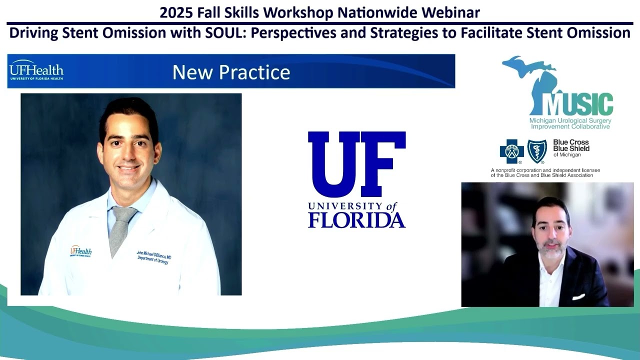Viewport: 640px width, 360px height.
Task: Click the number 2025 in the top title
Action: [174, 12]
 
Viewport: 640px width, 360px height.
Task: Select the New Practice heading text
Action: [231, 72]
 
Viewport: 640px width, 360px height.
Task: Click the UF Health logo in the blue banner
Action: [36, 71]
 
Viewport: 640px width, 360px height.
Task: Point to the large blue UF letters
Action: [356, 164]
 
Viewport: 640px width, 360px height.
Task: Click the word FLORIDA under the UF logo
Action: [356, 220]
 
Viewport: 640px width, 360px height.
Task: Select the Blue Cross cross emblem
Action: [511, 151]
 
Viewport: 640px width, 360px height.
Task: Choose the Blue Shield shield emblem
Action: [537, 151]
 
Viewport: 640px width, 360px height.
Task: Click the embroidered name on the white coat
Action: [154, 257]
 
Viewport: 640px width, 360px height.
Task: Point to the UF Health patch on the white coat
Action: [80, 250]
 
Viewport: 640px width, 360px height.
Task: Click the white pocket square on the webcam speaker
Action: [578, 297]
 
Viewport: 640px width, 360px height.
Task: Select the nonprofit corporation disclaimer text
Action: [545, 172]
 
